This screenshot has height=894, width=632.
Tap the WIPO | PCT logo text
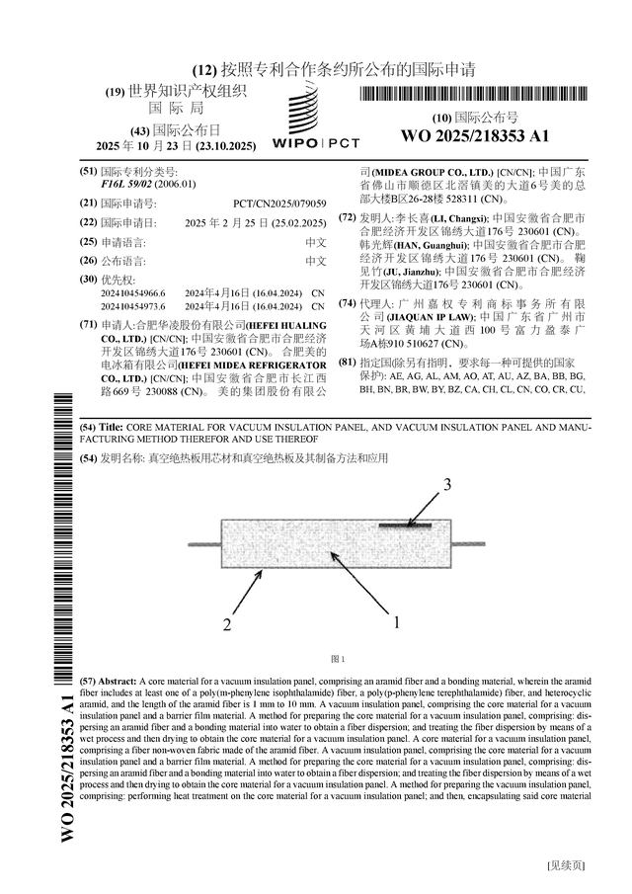point(315,142)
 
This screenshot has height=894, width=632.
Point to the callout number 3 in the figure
point(446,485)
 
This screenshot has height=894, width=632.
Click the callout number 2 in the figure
point(227,624)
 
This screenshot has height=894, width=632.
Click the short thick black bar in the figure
point(405,525)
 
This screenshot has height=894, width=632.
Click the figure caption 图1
point(337,659)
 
